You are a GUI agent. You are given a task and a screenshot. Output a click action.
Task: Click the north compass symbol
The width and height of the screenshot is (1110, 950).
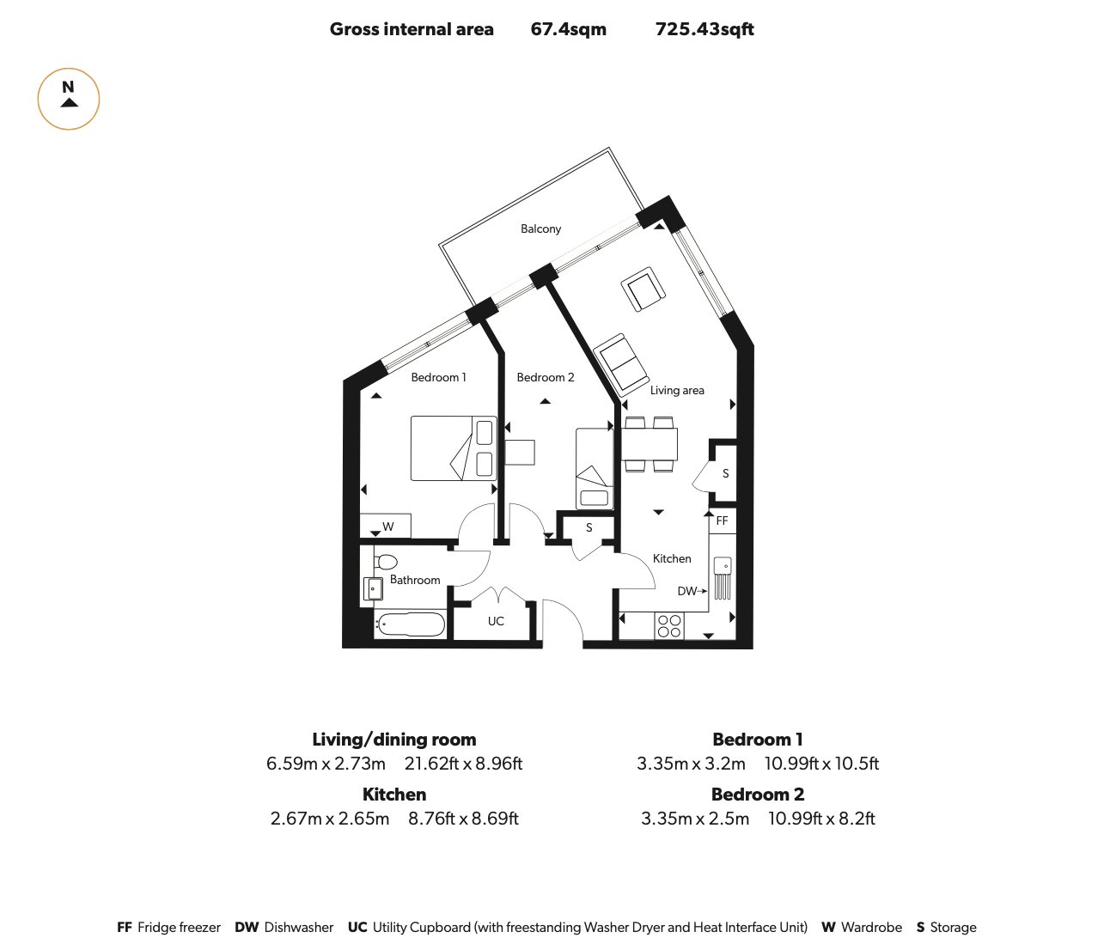click(x=69, y=99)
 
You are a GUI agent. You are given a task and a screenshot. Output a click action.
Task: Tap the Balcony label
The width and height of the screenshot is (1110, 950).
click(x=540, y=228)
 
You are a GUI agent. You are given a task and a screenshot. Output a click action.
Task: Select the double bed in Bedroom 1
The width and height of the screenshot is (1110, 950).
click(x=454, y=448)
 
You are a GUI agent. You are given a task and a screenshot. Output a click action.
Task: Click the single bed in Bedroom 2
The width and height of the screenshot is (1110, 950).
click(x=595, y=468)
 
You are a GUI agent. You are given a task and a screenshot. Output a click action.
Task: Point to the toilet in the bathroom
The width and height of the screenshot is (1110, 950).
click(x=385, y=563)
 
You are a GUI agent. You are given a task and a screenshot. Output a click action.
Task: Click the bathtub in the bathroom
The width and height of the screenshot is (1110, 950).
click(x=411, y=624)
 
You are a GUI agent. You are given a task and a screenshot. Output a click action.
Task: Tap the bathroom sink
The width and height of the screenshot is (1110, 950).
click(x=373, y=588)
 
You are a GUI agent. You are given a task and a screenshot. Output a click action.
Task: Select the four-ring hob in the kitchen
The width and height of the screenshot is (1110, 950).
click(x=669, y=626)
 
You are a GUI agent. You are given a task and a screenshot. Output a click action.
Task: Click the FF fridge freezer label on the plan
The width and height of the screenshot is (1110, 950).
click(x=722, y=521)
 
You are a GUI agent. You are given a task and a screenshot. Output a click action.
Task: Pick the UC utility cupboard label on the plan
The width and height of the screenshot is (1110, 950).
click(x=496, y=621)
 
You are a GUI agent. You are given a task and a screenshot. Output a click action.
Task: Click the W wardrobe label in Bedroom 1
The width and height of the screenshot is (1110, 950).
click(x=388, y=527)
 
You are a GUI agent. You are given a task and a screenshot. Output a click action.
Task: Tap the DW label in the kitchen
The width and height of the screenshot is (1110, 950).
click(x=686, y=591)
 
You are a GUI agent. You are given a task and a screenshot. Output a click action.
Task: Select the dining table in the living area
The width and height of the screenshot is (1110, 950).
click(x=650, y=444)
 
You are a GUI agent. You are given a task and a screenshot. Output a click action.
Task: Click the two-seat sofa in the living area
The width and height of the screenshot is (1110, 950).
click(x=621, y=362)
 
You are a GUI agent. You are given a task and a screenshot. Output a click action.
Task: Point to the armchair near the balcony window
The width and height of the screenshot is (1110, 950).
click(x=643, y=289)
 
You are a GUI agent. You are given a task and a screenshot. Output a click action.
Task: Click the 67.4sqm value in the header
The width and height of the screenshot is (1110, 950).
click(x=568, y=29)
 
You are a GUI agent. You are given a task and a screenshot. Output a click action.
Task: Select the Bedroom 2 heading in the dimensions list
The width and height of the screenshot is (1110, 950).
click(x=758, y=794)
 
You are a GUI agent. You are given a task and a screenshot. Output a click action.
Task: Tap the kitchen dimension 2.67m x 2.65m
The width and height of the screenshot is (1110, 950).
click(x=330, y=819)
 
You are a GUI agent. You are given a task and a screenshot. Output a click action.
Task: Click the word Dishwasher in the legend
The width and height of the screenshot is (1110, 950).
click(x=299, y=928)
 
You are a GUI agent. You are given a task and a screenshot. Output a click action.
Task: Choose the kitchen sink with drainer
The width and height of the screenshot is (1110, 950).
click(x=723, y=578)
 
